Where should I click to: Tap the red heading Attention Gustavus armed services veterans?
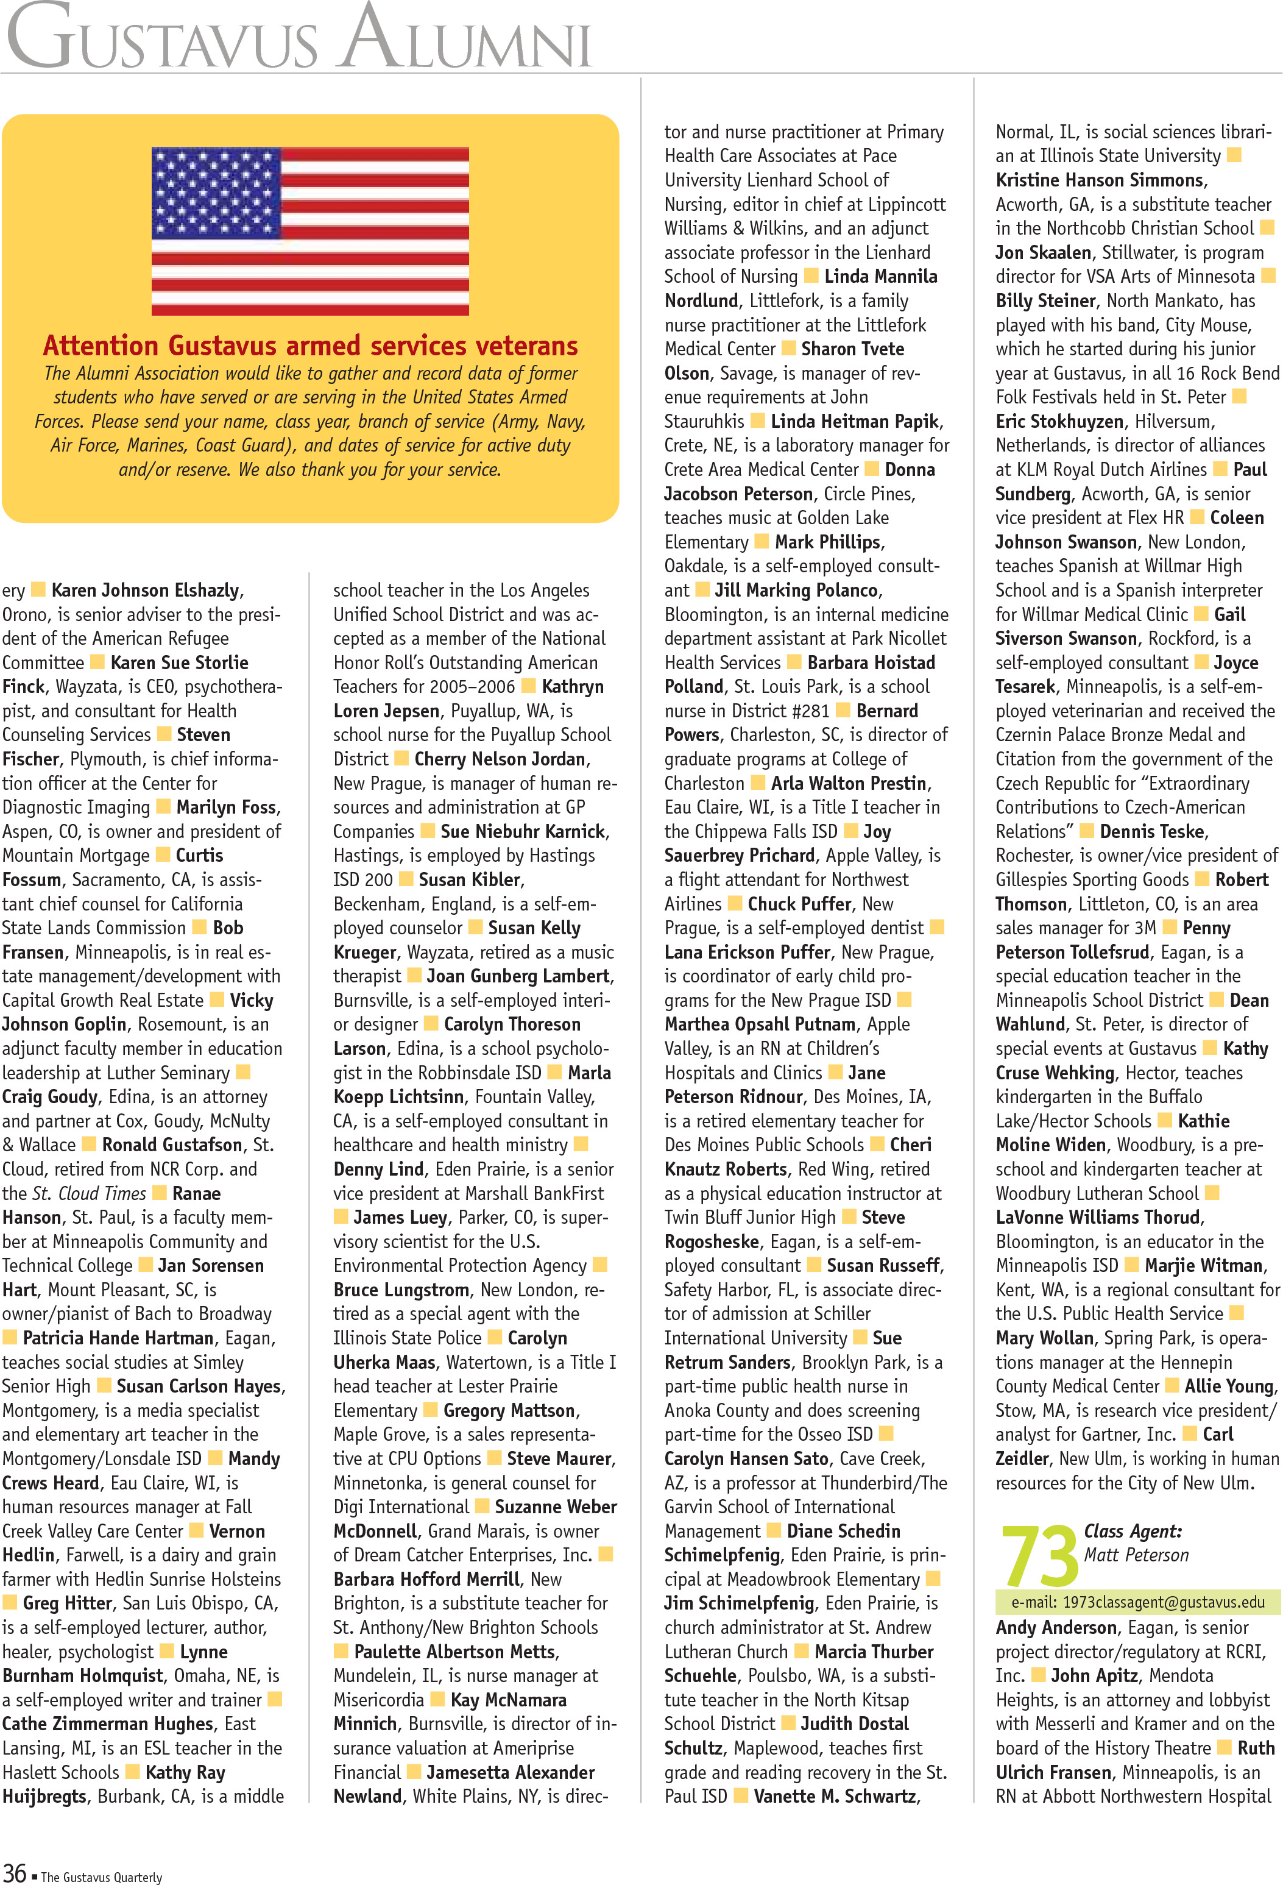tap(310, 346)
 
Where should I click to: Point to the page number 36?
tap(15, 1872)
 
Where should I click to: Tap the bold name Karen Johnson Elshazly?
tap(145, 591)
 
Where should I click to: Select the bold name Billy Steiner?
tap(1045, 301)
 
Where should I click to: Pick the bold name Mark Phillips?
tap(828, 542)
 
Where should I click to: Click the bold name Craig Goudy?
tap(49, 1096)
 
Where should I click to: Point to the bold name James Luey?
tap(400, 1218)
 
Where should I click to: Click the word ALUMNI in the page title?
tap(466, 41)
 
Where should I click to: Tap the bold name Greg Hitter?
tap(67, 1603)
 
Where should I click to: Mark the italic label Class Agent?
tap(1132, 1532)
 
